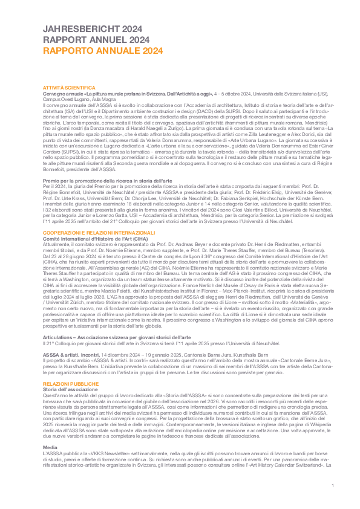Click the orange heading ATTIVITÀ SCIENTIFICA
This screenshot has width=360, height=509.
point(70,88)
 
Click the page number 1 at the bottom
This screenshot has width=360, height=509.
point(333,487)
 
